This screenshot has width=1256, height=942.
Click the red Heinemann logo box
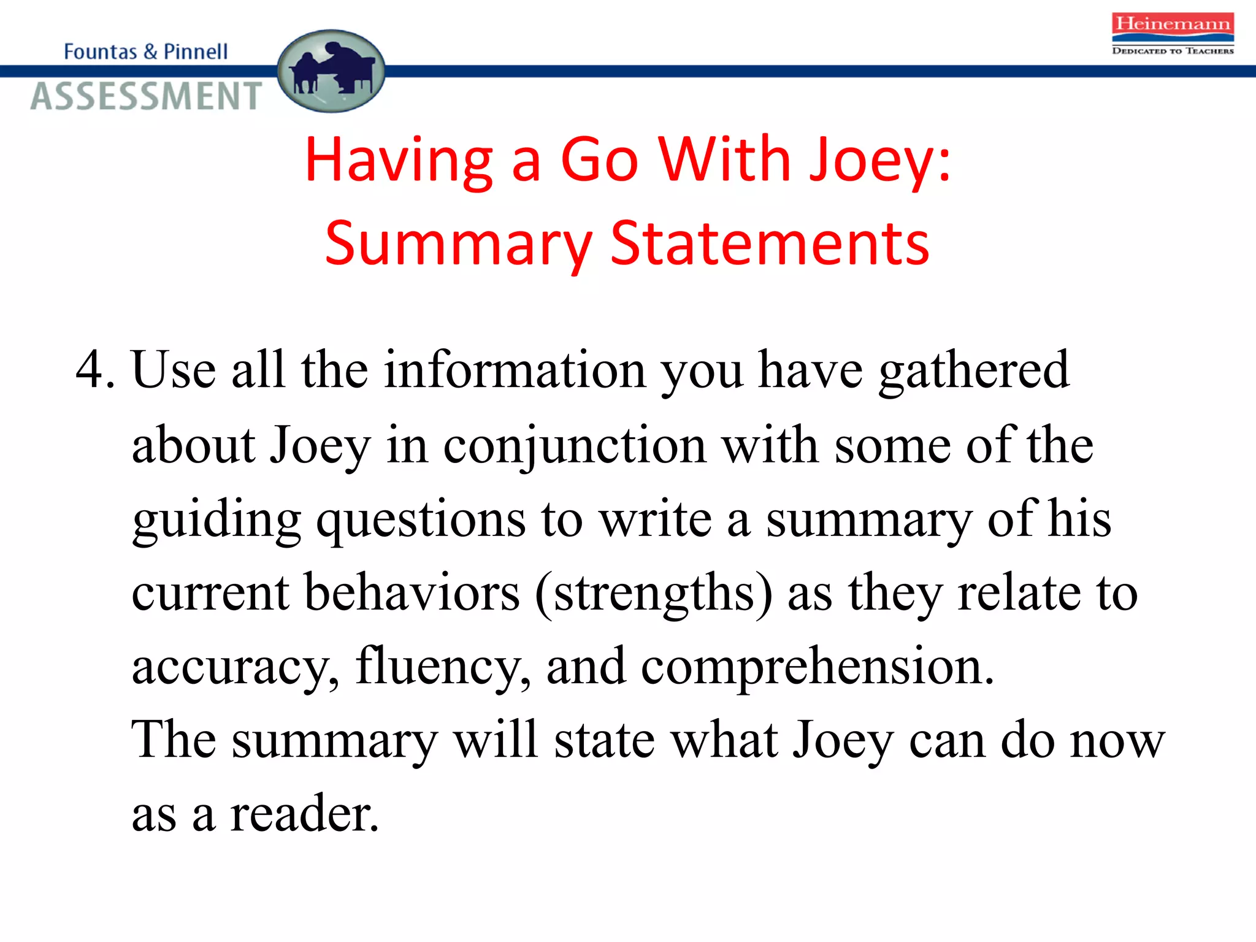1172,24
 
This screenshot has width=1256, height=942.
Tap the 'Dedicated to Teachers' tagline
1172,51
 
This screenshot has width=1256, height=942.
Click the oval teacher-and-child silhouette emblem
331,71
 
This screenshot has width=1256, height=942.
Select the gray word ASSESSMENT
147,97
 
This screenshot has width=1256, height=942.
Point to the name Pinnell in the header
196,52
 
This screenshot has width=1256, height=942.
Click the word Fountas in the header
101,52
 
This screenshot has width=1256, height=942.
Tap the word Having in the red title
399,160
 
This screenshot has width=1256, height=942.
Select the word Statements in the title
770,244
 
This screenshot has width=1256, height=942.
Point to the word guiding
216,520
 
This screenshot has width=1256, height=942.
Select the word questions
421,520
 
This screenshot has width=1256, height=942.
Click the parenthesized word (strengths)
654,593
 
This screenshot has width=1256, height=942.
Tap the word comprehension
817,667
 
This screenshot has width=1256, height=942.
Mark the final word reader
304,814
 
